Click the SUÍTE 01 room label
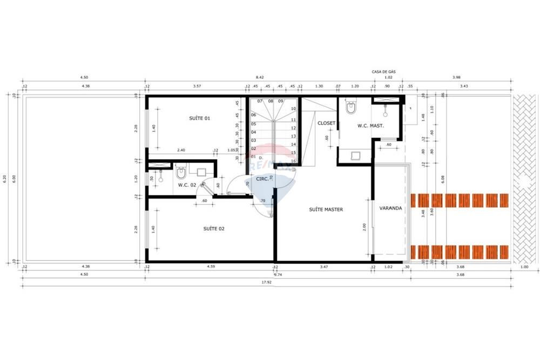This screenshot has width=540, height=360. [199, 118]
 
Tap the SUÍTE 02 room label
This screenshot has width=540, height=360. [199, 229]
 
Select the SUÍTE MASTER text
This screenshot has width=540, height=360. [326, 209]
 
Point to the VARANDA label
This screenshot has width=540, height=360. [390, 208]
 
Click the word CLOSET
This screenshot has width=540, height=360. [326, 123]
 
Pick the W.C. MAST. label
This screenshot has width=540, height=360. [370, 126]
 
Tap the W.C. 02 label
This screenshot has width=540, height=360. [186, 185]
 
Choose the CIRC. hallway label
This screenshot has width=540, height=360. [264, 179]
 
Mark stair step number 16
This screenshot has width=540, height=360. [293, 161]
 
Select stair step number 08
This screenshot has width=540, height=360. [270, 101]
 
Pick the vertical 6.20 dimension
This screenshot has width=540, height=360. [5, 179]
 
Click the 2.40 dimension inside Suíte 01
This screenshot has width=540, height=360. [180, 150]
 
